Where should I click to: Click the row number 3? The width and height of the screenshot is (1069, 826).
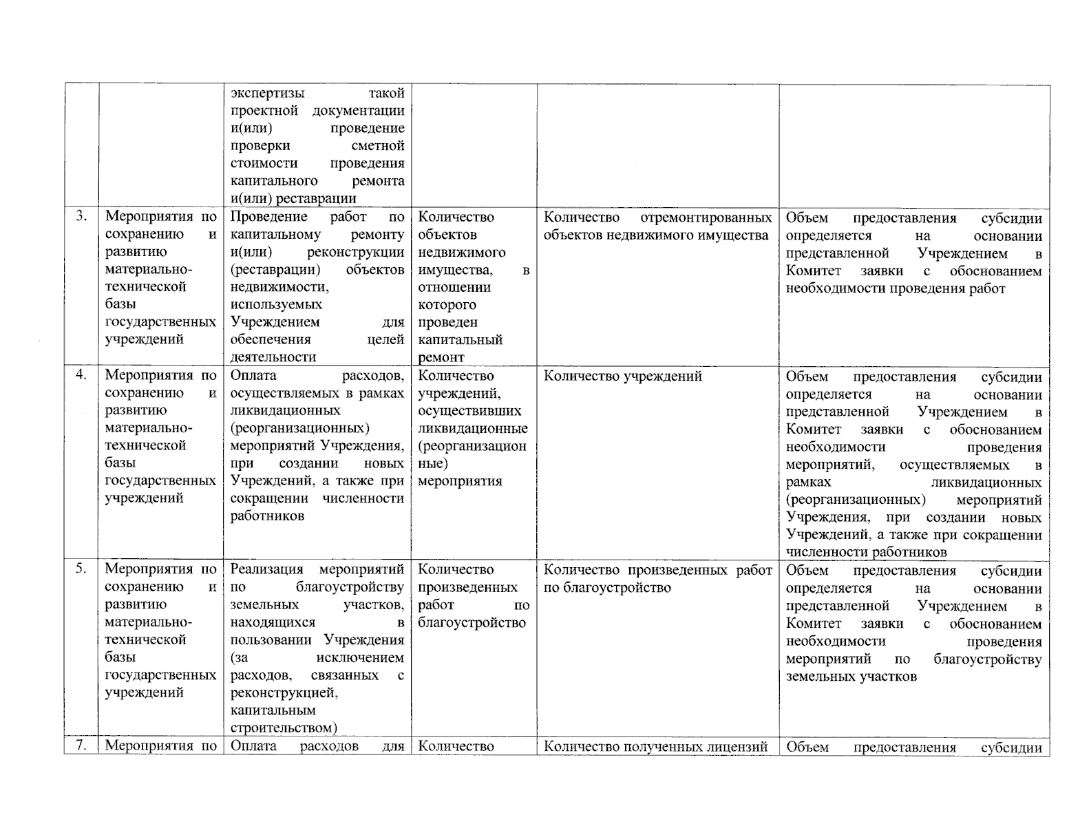pyautogui.click(x=81, y=216)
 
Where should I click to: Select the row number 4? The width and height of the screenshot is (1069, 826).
pyautogui.click(x=81, y=375)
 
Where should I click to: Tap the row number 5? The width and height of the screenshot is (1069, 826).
pyautogui.click(x=81, y=569)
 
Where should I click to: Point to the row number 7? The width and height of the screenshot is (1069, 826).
pyautogui.click(x=81, y=746)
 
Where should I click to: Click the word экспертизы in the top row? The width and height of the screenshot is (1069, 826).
pyautogui.click(x=268, y=93)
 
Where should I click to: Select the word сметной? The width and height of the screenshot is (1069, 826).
pyautogui.click(x=378, y=146)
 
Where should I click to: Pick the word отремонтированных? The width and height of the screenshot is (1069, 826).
pyautogui.click(x=706, y=218)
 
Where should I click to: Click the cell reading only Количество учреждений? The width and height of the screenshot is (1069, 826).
pyautogui.click(x=623, y=376)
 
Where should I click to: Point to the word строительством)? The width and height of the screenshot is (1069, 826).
pyautogui.click(x=284, y=728)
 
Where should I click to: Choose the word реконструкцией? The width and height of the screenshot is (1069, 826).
pyautogui.click(x=284, y=692)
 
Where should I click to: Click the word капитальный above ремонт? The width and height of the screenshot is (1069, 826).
pyautogui.click(x=460, y=340)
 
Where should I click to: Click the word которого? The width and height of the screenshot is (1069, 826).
pyautogui.click(x=447, y=305)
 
